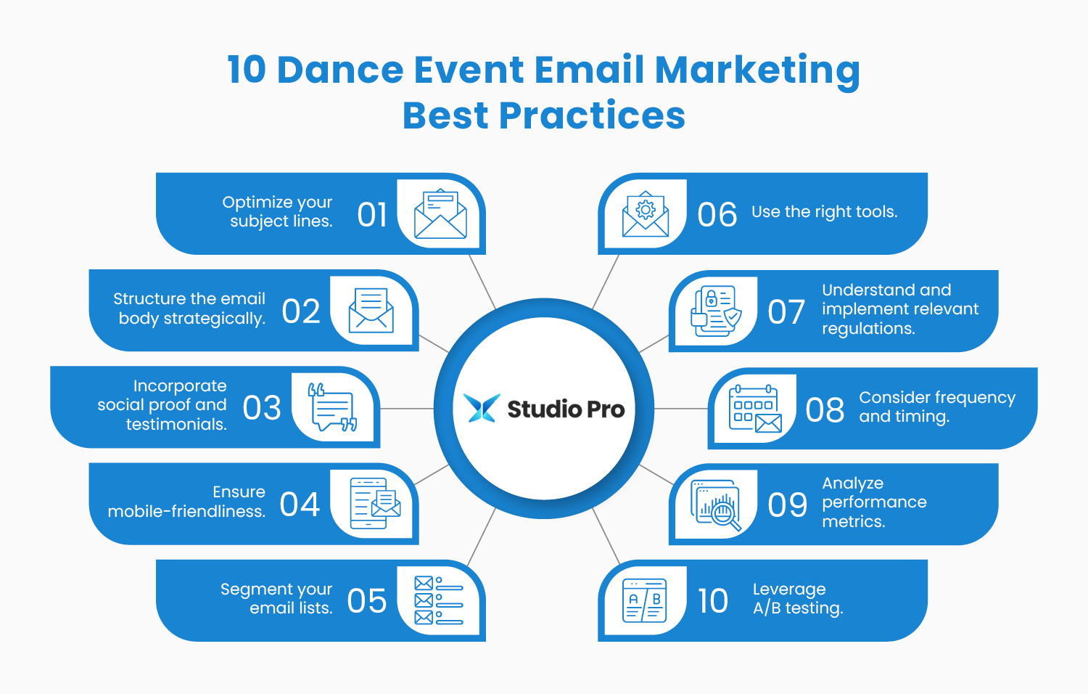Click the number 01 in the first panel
[372, 215]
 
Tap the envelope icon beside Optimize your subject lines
[440, 215]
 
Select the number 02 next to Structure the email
[301, 311]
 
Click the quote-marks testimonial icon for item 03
[333, 407]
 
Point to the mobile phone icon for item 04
[374, 503]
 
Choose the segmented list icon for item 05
[438, 600]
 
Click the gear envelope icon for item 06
[646, 215]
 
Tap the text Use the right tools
[824, 212]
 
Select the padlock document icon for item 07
[716, 311]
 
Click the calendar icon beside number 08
[755, 409]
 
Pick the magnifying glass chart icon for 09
[717, 505]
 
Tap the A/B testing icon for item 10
[645, 600]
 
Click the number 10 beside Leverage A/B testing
[712, 601]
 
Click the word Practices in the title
[591, 116]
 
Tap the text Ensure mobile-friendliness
[186, 502]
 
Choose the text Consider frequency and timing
[936, 407]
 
